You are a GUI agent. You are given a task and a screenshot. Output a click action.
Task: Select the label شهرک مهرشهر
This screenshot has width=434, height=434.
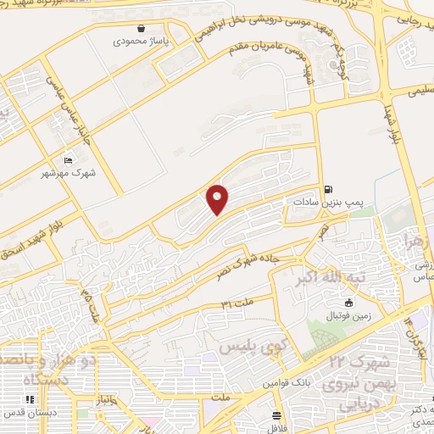(68, 174)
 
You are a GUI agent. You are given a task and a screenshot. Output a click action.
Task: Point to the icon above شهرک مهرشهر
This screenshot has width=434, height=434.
(68, 161)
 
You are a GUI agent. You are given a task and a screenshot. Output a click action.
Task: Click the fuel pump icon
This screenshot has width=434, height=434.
(327, 190)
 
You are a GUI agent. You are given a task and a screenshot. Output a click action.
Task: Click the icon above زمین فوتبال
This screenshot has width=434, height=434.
(348, 303)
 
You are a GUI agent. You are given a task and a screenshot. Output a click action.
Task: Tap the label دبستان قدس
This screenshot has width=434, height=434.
(27, 414)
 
